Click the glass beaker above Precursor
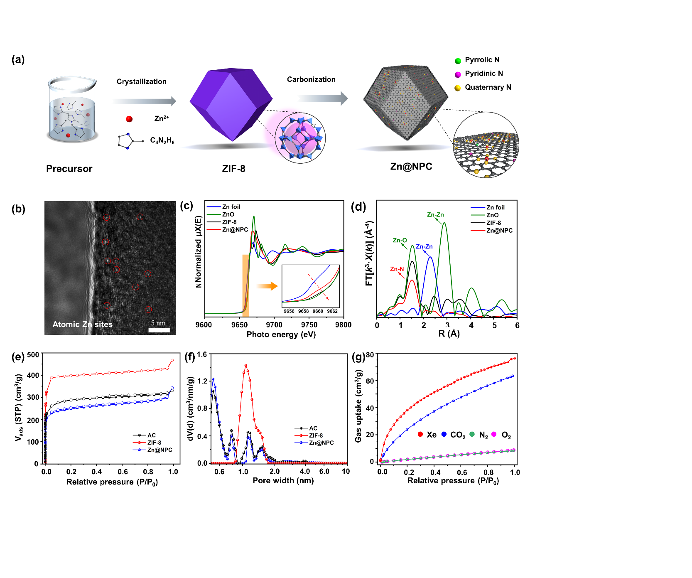point(72,110)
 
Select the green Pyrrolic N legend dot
point(458,61)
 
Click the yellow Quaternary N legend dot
point(458,88)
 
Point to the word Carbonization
point(311,79)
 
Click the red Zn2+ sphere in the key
point(129,119)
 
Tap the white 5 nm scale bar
point(159,330)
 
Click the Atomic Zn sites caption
point(82,325)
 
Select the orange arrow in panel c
point(267,286)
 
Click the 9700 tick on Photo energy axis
point(274,325)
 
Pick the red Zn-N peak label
point(397,269)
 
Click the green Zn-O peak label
point(400,241)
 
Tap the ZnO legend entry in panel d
point(492,215)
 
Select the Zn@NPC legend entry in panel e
point(160,450)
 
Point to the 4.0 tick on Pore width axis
point(305,472)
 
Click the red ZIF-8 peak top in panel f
point(246,366)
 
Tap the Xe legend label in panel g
point(432,435)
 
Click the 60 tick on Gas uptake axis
point(370,381)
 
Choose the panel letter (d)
point(358,207)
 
